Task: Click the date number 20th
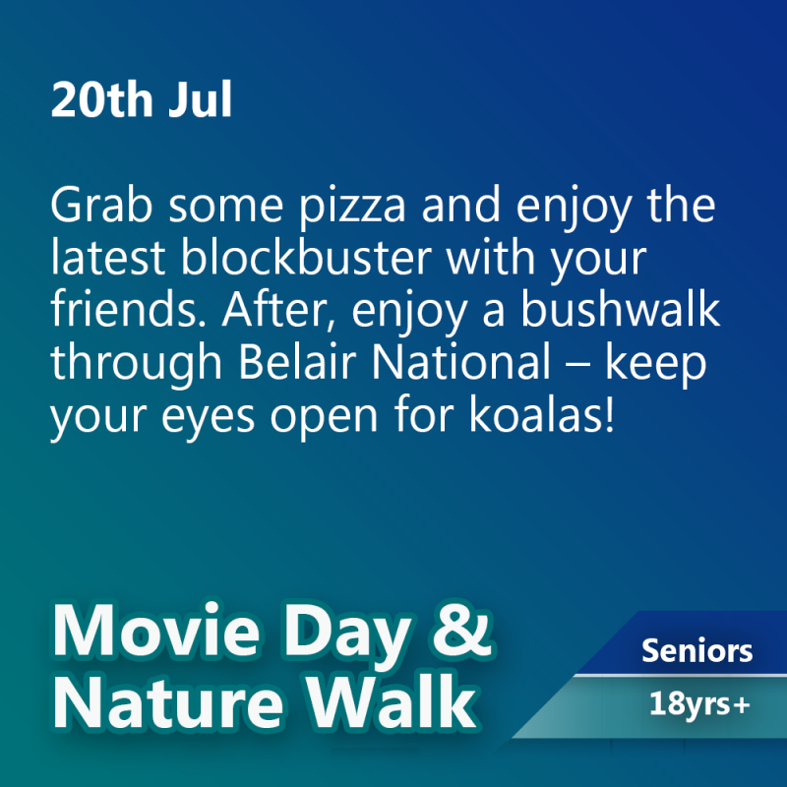[x=102, y=99]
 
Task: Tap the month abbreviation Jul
[x=201, y=99]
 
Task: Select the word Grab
[x=101, y=204]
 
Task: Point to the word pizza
[x=352, y=207]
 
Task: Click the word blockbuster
[x=306, y=257]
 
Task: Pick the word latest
[x=108, y=258]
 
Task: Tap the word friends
[x=129, y=309]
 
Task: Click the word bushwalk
[x=620, y=309]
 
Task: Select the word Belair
[x=297, y=361]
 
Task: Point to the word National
[x=461, y=361]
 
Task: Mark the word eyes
[x=208, y=419]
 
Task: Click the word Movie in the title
[x=156, y=630]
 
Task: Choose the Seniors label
[x=696, y=650]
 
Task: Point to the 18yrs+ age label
[x=699, y=703]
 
